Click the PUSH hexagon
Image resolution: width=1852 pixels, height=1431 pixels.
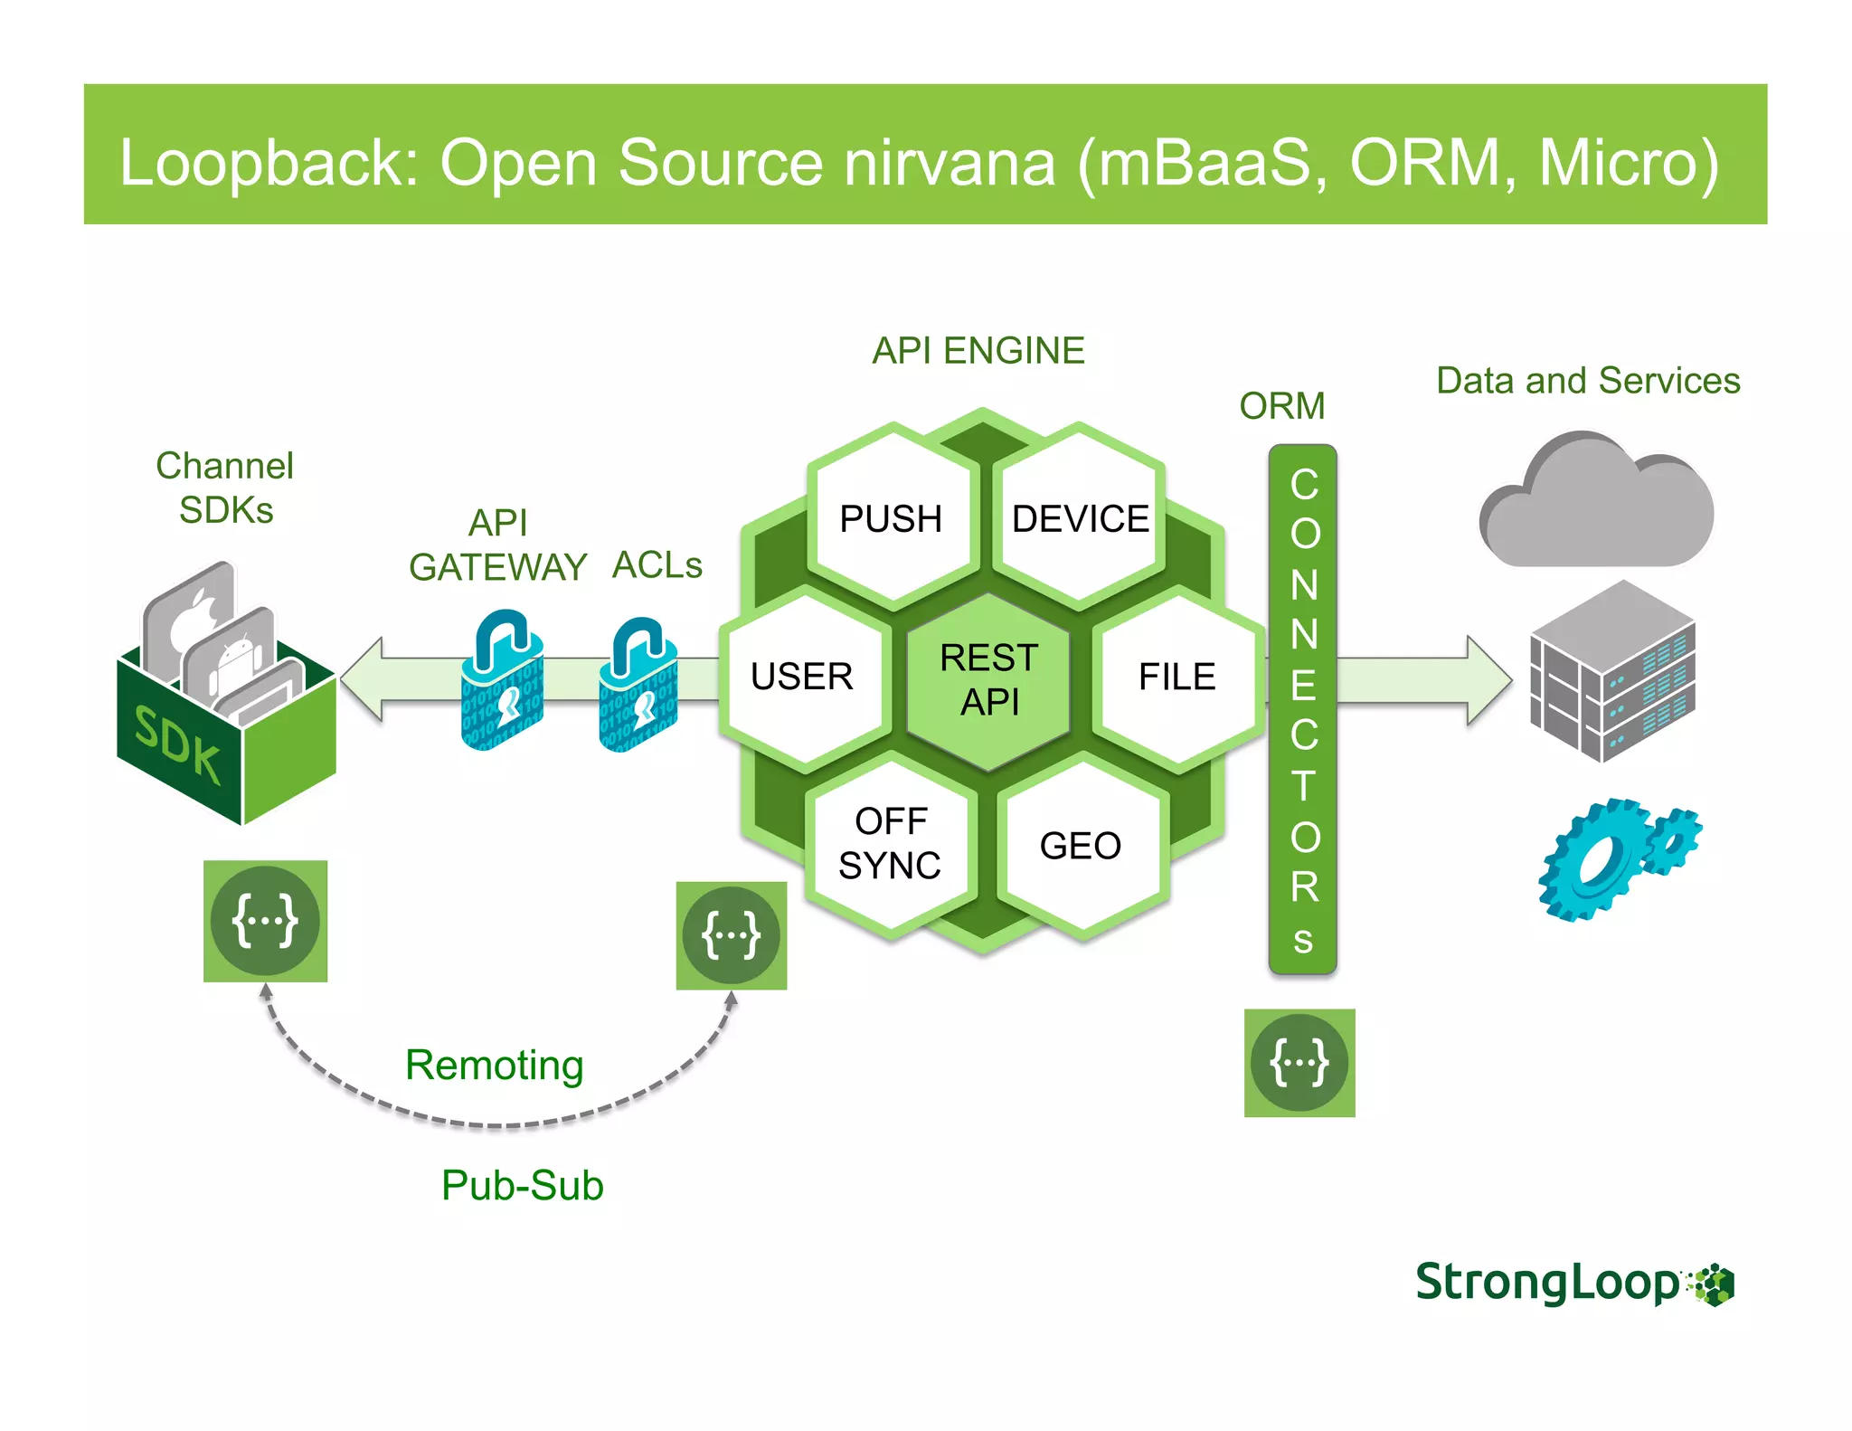(x=892, y=518)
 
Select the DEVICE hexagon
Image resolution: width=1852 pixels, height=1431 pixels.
(x=1080, y=518)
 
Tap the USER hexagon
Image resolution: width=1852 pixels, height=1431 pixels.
(x=802, y=677)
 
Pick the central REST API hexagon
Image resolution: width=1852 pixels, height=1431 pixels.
(x=988, y=679)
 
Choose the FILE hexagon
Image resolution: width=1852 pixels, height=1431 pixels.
(x=1176, y=677)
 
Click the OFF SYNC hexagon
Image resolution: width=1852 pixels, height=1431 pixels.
(x=891, y=844)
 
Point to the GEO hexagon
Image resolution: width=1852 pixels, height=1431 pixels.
(x=1081, y=846)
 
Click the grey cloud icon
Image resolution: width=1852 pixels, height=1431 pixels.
(x=1596, y=507)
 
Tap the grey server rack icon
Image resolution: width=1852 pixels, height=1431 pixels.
(x=1611, y=672)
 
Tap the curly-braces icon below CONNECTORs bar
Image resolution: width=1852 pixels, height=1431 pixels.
(x=1299, y=1063)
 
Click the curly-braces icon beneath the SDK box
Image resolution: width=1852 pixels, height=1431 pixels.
(x=265, y=921)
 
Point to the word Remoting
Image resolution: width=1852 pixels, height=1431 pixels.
(x=494, y=1066)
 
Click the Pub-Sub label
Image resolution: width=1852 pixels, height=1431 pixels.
(x=522, y=1186)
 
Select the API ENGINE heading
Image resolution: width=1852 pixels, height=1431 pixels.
(x=978, y=351)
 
